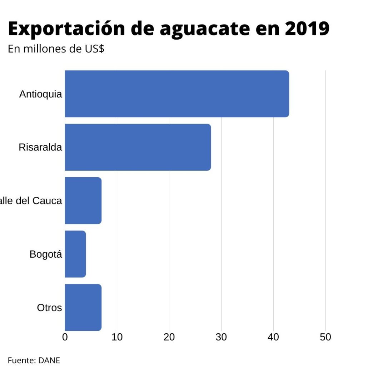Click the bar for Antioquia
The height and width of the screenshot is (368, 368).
177,94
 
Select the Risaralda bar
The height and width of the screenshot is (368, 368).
138,147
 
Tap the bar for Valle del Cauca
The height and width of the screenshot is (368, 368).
83,200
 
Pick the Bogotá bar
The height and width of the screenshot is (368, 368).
75,254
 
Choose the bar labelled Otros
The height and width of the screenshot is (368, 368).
83,307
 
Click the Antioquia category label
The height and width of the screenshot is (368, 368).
40,94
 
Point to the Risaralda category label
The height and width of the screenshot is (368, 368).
40,147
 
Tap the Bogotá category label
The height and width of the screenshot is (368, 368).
46,254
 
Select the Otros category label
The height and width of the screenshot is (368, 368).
49,308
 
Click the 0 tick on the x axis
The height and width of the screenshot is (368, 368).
65,337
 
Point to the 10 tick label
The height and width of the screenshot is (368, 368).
117,337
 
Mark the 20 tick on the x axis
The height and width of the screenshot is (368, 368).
169,337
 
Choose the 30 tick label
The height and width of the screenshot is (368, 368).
221,337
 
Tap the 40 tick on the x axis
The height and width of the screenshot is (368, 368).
273,337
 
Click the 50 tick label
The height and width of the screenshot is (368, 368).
325,337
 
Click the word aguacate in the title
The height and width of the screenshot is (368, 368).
204,29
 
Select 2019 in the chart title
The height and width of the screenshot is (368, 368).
307,29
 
